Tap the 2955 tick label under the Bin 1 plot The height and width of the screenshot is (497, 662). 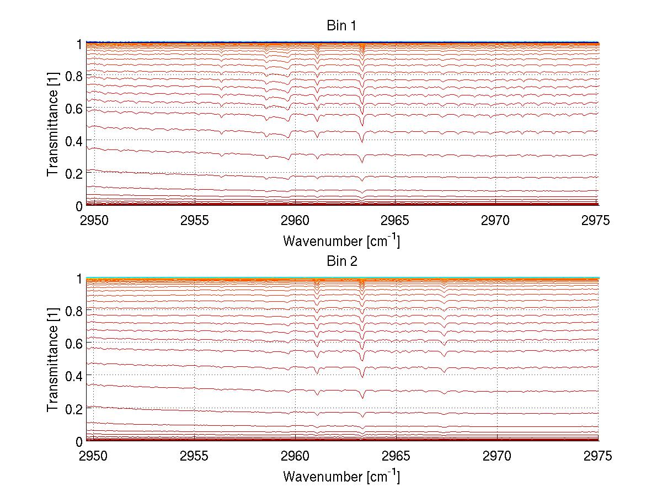[x=195, y=222]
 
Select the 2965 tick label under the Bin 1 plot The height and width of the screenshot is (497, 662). [x=396, y=222]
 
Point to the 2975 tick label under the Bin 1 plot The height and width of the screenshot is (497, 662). [x=596, y=222]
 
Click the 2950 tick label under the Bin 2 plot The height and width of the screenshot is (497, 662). [x=94, y=457]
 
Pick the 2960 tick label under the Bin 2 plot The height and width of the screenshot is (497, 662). [x=295, y=457]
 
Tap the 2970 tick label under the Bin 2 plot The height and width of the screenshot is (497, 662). [x=496, y=457]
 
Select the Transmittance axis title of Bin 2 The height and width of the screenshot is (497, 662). [x=53, y=360]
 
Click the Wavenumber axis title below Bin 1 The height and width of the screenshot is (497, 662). [x=341, y=241]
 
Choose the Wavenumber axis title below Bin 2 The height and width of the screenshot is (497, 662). [x=341, y=476]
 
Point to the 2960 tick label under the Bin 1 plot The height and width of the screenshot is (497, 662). [x=295, y=222]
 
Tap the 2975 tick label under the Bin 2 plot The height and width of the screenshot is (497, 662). [x=596, y=457]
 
